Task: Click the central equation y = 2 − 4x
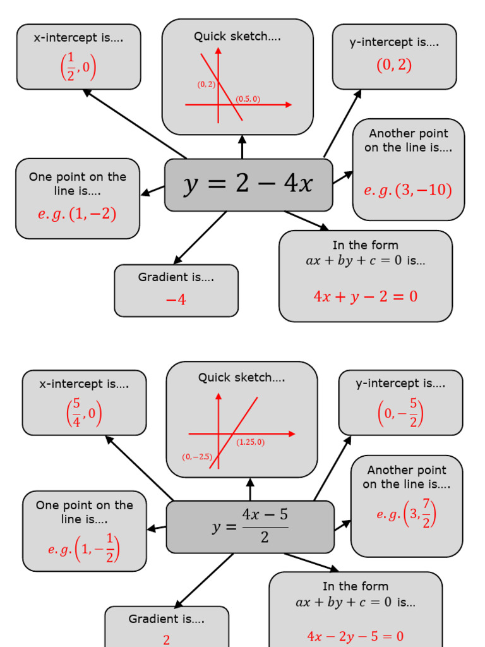(248, 184)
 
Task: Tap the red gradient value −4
(176, 299)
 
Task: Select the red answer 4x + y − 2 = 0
(365, 296)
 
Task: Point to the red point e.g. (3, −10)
(408, 190)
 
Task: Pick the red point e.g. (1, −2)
(77, 214)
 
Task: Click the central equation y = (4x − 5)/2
(250, 527)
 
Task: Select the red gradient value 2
(167, 639)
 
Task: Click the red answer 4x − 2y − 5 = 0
(355, 636)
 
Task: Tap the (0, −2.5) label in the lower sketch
(196, 456)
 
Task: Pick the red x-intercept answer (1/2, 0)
(78, 67)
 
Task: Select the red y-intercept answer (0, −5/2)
(400, 413)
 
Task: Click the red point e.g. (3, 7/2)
(407, 514)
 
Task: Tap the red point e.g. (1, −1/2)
(84, 548)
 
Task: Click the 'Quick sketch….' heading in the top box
(237, 37)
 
